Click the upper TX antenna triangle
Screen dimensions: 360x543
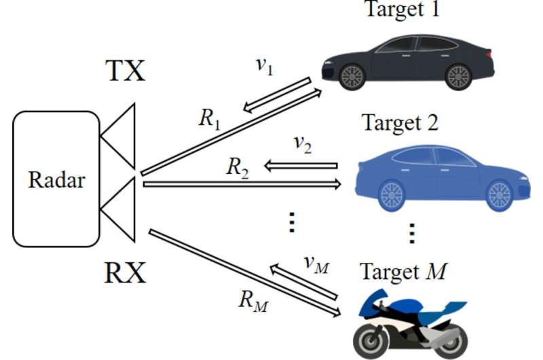(121, 136)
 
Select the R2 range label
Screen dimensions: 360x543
(237, 166)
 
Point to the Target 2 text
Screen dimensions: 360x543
(400, 123)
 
